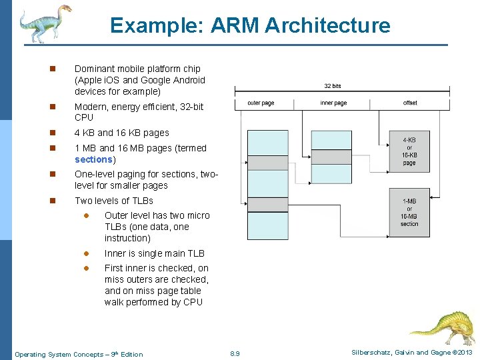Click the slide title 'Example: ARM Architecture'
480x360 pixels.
250,26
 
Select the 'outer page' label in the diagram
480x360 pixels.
261,103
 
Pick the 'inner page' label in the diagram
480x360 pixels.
333,103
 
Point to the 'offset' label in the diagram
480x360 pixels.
410,103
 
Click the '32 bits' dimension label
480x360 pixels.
333,86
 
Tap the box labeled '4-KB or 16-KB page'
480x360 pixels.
409,152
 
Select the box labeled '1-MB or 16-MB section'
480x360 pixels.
409,212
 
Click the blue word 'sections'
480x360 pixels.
94,159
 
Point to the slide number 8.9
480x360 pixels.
234,353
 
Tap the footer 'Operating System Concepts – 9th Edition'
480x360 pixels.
79,354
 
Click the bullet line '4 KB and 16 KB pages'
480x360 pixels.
122,133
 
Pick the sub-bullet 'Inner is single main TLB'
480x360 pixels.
155,253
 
